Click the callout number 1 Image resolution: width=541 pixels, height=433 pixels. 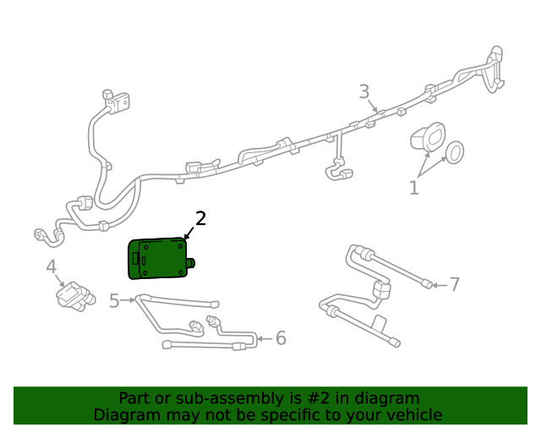[414, 188]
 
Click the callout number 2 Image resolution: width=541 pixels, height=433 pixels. [201, 219]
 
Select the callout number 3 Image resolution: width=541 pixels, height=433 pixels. [363, 91]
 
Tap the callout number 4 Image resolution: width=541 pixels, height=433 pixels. [52, 268]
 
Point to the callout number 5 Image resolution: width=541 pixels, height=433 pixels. [115, 300]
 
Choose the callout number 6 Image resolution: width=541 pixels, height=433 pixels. [281, 338]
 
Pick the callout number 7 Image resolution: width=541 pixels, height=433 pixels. [454, 284]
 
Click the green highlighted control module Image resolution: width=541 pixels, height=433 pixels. [157, 259]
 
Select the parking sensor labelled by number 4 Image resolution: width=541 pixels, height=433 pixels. [72, 296]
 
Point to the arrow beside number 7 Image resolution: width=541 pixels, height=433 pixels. [437, 284]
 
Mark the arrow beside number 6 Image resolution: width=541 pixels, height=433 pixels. [263, 338]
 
